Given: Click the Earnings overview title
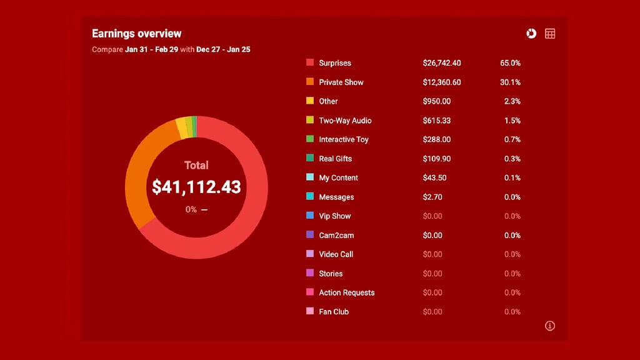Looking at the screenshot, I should tap(136, 34).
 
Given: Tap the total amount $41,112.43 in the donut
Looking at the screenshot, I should tap(196, 187).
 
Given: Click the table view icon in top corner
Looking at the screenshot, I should tap(550, 34).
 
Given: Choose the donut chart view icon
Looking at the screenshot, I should tap(531, 34).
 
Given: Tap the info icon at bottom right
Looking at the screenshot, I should tap(550, 326).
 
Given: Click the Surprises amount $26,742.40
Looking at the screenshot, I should tap(442, 63).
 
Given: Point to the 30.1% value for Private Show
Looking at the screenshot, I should tap(510, 82).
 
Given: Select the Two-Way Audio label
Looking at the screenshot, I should tap(345, 121).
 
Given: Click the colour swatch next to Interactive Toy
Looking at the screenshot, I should tap(310, 139).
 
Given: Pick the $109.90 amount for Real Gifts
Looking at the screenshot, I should tap(437, 159).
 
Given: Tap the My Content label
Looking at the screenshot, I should tap(338, 178).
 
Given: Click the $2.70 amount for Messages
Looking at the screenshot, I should tap(433, 197).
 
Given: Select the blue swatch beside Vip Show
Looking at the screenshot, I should tap(310, 216).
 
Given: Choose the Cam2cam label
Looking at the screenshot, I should tap(336, 236).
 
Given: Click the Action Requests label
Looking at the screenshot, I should tap(346, 292).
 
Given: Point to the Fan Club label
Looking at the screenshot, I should tap(334, 312).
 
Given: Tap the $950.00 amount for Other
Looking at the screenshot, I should tap(436, 101).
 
